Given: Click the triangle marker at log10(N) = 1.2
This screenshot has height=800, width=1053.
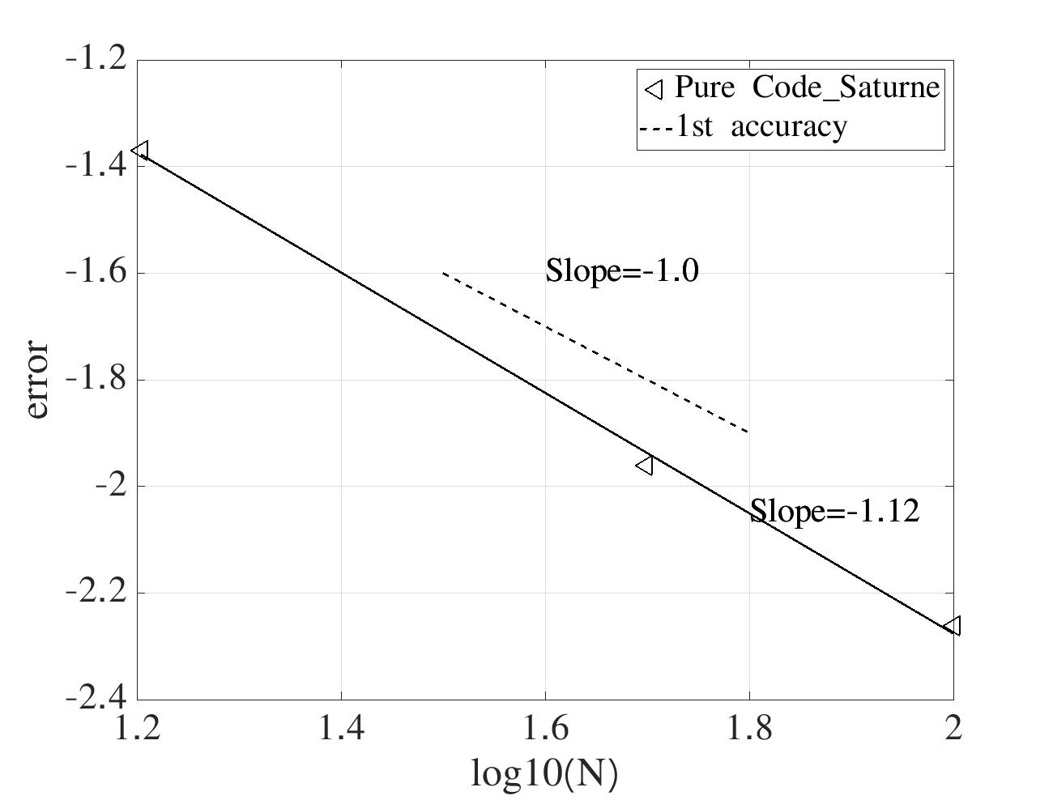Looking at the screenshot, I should click(141, 151).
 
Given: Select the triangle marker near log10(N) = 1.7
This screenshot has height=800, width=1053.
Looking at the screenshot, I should click(646, 465).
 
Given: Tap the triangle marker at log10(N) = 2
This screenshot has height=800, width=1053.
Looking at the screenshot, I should click(953, 625).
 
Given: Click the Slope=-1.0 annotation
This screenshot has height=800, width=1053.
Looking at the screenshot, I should click(621, 270).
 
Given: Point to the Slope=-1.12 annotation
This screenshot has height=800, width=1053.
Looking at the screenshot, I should click(834, 511).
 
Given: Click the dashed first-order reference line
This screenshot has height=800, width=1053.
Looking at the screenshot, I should click(595, 352).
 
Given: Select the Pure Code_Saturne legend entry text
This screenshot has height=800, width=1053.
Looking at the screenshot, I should click(807, 87).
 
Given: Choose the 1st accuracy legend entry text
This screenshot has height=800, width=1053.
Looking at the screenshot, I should click(761, 126).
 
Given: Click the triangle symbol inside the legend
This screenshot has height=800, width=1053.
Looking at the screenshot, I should click(654, 87).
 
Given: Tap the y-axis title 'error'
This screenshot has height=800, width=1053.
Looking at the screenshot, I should click(36, 380).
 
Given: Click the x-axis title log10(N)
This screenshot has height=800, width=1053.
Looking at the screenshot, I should click(544, 774).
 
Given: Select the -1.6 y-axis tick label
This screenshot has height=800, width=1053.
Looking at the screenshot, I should click(95, 272).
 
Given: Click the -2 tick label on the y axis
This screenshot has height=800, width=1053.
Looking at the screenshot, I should click(109, 486).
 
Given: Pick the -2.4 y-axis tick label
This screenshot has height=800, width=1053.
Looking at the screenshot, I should click(95, 697).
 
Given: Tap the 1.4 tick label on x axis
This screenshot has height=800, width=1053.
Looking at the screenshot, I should click(341, 729).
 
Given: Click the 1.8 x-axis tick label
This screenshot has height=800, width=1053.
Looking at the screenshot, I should click(749, 729).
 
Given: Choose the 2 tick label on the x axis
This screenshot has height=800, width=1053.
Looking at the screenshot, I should click(953, 729).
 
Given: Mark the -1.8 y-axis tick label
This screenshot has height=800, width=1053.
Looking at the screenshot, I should click(95, 379).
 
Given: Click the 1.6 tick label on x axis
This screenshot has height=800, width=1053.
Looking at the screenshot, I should click(545, 729).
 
